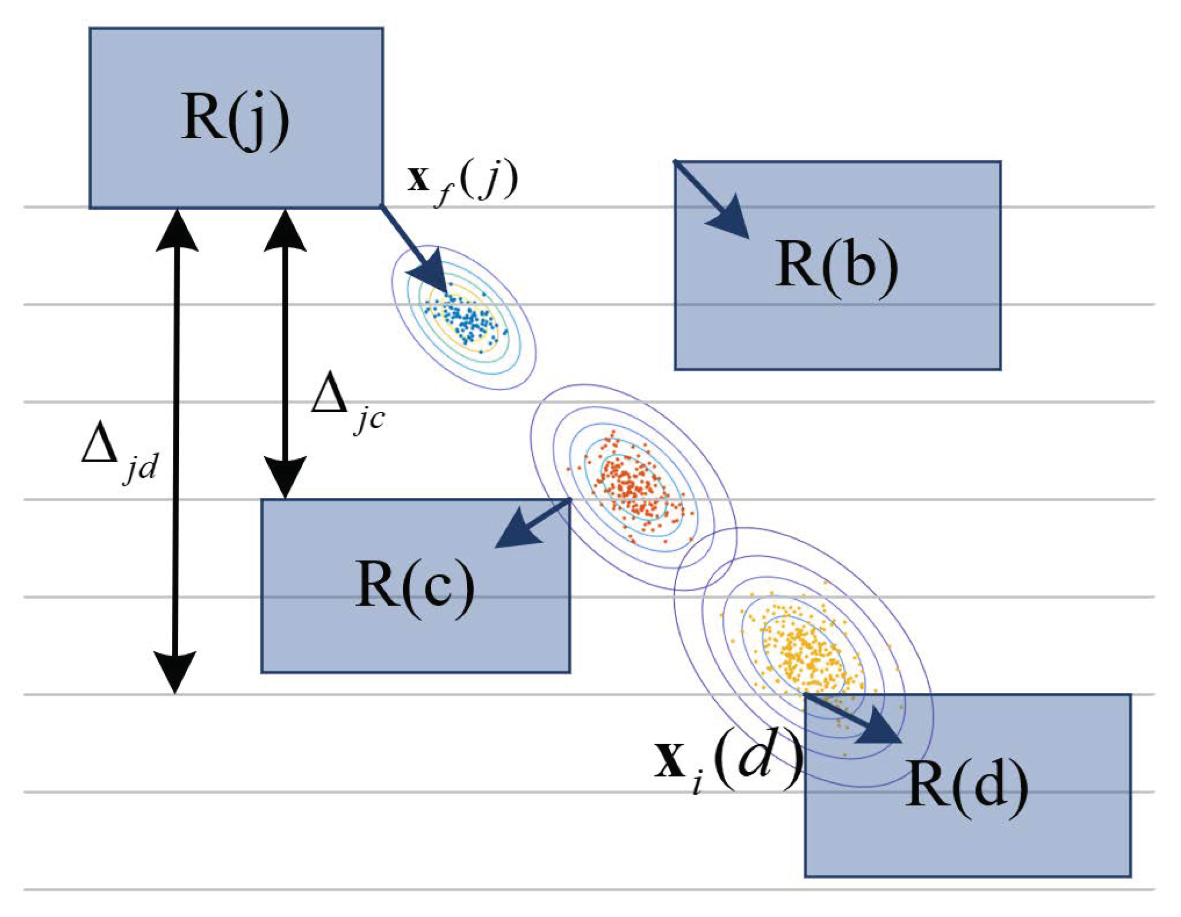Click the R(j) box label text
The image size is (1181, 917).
pyautogui.click(x=235, y=120)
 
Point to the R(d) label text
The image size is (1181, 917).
pyautogui.click(x=966, y=789)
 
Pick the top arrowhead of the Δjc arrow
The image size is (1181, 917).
pyautogui.click(x=285, y=230)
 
